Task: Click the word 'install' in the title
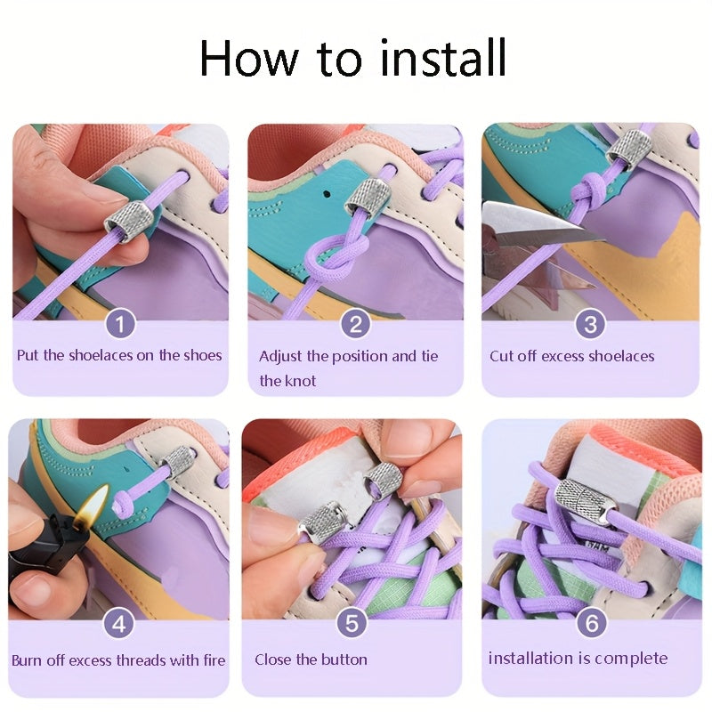pos(442,59)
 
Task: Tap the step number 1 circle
pos(120,323)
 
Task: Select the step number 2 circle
pos(355,323)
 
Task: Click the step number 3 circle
pos(590,323)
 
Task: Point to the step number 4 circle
pos(119,624)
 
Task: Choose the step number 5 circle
pos(352,622)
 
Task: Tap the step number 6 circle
pos(592,622)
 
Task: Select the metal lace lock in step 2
pos(367,198)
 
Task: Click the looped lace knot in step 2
pos(337,255)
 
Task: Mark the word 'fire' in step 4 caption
pos(214,659)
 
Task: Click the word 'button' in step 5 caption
pos(345,659)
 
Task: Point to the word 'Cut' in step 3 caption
pos(501,356)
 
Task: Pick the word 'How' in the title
pos(249,59)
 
